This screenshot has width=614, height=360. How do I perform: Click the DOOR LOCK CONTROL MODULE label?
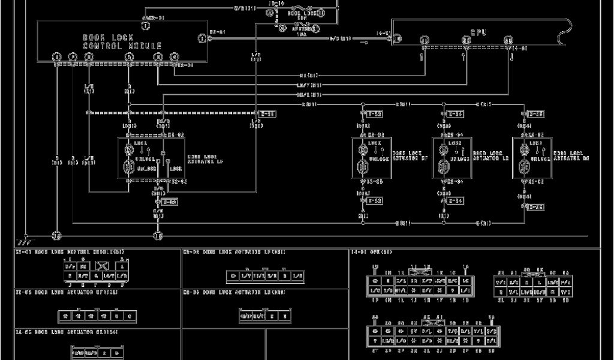point(122,41)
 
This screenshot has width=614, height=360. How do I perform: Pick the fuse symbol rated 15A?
point(302,27)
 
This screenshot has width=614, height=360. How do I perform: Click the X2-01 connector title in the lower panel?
point(70,253)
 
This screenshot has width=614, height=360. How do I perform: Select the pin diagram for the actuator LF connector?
point(264,276)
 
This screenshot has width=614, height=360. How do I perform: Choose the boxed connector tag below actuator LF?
point(170,202)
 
